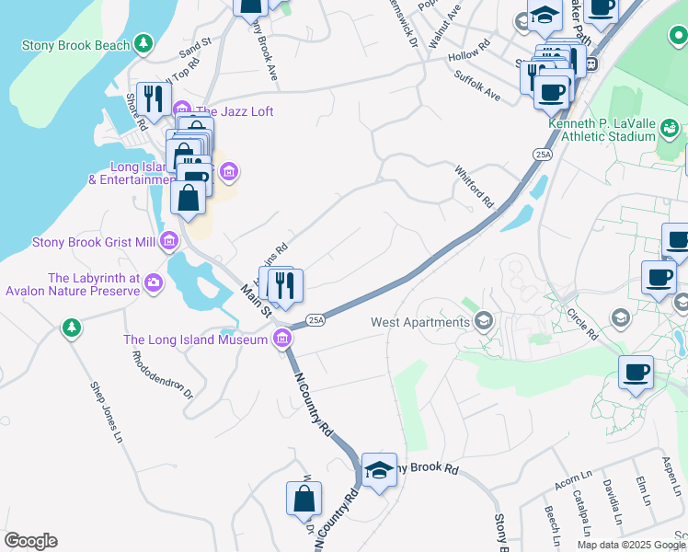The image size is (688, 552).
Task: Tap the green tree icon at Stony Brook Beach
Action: tap(143, 43)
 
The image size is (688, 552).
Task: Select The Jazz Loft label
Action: tap(234, 111)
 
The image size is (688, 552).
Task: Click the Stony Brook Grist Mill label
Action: tap(94, 242)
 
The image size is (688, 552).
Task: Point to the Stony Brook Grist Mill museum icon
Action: tap(168, 242)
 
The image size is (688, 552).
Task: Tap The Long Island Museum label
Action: tap(196, 339)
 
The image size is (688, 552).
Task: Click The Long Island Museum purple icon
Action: tap(284, 339)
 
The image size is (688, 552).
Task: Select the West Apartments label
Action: tap(420, 322)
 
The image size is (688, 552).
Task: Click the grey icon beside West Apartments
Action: tap(484, 321)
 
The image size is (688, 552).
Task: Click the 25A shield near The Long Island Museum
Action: tap(315, 319)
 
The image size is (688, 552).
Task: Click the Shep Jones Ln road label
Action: tap(106, 409)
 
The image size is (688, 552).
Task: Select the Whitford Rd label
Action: tap(475, 185)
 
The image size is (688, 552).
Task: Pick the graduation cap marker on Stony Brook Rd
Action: tap(379, 470)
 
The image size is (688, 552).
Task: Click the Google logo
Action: tap(30, 541)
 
